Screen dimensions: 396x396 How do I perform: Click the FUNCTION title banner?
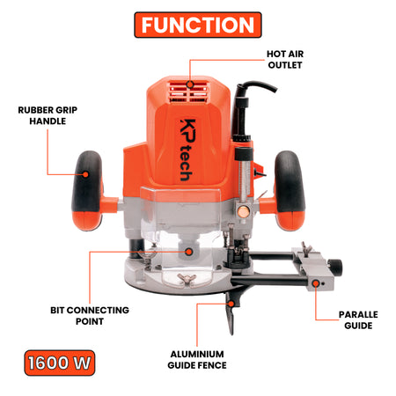pyautogui.click(x=198, y=25)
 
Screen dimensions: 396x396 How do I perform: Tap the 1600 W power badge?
pyautogui.click(x=60, y=363)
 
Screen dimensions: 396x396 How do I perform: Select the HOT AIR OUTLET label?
pyautogui.click(x=285, y=60)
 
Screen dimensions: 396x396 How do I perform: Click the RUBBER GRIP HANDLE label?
pyautogui.click(x=48, y=115)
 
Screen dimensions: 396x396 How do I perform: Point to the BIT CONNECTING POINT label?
pyautogui.click(x=90, y=316)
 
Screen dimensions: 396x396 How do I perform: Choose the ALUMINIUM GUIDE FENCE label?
pyautogui.click(x=197, y=360)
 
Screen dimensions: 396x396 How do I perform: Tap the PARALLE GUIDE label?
pyautogui.click(x=358, y=320)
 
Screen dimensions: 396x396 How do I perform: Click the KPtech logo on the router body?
pyautogui.click(x=187, y=150)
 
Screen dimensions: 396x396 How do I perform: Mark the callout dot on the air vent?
pyautogui.click(x=190, y=84)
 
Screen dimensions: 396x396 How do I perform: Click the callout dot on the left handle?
pyautogui.click(x=85, y=174)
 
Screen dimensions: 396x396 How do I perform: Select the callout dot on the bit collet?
pyautogui.click(x=189, y=252)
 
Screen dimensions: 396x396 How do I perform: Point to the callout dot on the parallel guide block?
pyautogui.click(x=316, y=283)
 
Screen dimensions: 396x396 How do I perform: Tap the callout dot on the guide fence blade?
pyautogui.click(x=231, y=304)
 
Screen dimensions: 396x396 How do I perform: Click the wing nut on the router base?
pyautogui.click(x=187, y=278)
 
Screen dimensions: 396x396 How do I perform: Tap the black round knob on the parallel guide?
pyautogui.click(x=334, y=266)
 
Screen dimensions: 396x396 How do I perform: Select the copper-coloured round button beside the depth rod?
pyautogui.click(x=243, y=211)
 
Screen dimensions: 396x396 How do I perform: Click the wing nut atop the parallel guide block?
pyautogui.click(x=306, y=248)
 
